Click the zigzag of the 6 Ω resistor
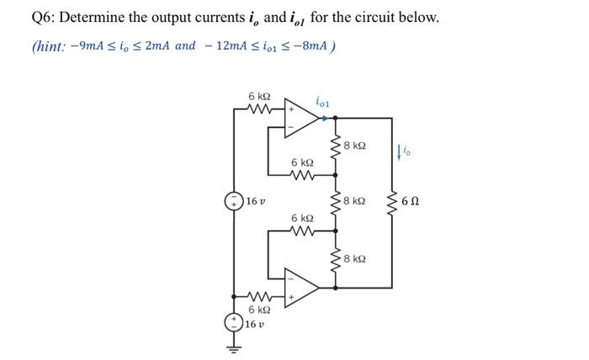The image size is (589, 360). coord(391,203)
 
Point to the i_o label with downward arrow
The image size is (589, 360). coord(406,151)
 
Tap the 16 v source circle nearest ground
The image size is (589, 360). coord(231,322)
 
